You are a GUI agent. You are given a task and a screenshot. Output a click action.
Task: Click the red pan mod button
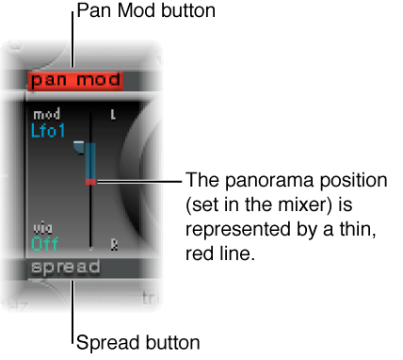click(69, 79)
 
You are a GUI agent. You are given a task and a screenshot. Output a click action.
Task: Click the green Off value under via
click(43, 242)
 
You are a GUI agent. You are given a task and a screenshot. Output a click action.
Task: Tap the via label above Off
click(40, 228)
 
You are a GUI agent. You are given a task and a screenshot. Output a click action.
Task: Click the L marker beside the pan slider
click(114, 115)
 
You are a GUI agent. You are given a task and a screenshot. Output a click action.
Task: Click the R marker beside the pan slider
click(114, 242)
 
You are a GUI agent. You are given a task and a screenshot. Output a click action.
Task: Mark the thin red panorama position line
click(91, 180)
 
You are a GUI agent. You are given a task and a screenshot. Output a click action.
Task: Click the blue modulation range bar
click(90, 158)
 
